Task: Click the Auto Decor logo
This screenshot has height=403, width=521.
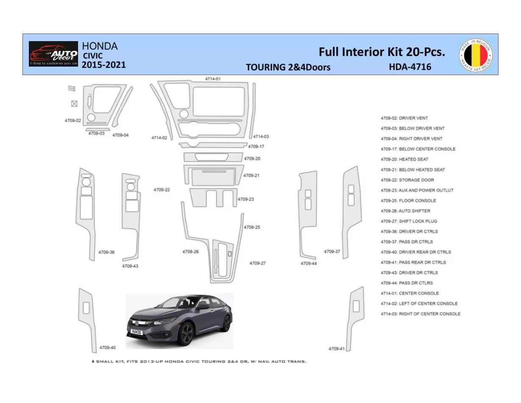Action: coord(53,54)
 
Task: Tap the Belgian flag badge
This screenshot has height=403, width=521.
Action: coord(476,54)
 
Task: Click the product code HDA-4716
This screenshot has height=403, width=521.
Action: coord(410,67)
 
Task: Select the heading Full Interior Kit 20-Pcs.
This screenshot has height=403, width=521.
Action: coord(381,52)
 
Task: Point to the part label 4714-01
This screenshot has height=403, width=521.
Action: coord(213,79)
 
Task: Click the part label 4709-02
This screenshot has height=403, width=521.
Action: coord(73,120)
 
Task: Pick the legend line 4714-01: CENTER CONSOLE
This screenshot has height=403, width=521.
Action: coord(409,293)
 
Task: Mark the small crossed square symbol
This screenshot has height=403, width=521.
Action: coord(74,104)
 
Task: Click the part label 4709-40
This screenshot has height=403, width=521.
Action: coord(107,347)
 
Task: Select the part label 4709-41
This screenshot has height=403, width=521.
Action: coord(336,348)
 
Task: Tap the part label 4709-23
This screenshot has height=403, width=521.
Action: coord(246,199)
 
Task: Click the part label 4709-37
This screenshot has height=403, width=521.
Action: coord(332,251)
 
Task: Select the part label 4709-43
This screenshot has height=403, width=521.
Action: coord(130,266)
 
